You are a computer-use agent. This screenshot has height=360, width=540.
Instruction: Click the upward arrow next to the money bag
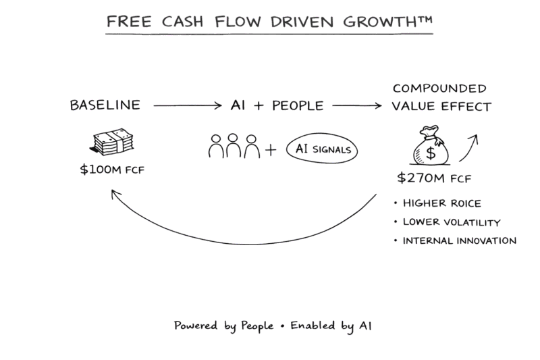pyautogui.click(x=470, y=147)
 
